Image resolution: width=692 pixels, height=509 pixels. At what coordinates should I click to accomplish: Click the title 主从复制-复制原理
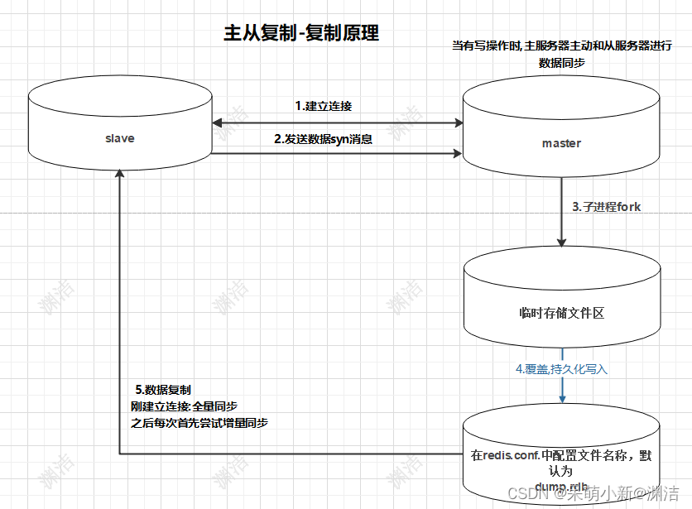point(301,33)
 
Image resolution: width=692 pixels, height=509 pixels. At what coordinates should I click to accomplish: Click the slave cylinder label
point(120,138)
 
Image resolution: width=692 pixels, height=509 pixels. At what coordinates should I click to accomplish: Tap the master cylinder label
point(561,143)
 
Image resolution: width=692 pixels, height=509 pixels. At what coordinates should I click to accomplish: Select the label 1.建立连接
point(324,106)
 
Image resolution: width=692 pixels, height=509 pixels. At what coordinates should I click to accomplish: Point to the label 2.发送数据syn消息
point(323,139)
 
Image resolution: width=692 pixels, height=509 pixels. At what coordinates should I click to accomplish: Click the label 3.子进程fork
point(606,207)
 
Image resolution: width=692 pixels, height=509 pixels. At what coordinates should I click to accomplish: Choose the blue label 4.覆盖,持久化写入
point(561,369)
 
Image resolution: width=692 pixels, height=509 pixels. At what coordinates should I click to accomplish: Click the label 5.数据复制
point(163,389)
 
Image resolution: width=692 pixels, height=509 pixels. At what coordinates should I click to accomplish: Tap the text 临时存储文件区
point(562,314)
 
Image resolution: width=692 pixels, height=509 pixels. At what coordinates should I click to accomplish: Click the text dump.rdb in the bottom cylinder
point(562,486)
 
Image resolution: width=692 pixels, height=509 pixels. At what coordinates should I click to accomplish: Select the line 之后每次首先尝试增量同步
point(199,422)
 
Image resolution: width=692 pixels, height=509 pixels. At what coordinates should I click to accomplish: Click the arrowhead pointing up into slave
point(120,175)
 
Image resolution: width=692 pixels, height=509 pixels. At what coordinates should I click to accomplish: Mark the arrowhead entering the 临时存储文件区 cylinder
point(562,242)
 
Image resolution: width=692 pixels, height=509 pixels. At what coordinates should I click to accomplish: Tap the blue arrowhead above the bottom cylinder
point(562,399)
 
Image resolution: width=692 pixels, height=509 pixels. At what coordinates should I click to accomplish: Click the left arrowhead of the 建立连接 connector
point(217,122)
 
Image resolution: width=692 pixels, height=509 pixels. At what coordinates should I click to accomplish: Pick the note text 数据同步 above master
point(562,62)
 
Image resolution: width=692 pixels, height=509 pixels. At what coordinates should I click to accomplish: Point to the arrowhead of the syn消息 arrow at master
point(457,153)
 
